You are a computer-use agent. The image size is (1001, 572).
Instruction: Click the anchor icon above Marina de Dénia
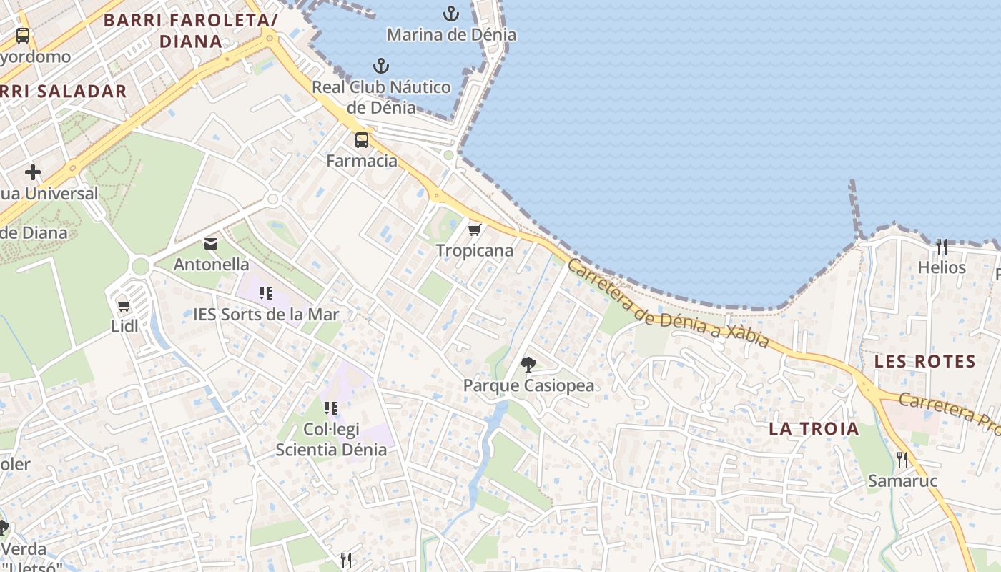click(450, 13)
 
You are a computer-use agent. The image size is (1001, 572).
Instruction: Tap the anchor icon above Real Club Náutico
click(381, 66)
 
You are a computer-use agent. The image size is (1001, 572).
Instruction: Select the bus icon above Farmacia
click(362, 139)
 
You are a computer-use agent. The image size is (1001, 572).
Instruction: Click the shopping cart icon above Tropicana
click(473, 230)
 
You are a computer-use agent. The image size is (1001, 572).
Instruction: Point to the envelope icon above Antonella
click(211, 244)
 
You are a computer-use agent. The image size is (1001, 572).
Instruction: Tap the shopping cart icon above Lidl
click(124, 306)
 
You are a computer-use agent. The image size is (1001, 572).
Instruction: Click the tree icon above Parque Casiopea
click(528, 365)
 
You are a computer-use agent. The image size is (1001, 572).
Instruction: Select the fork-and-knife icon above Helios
click(941, 247)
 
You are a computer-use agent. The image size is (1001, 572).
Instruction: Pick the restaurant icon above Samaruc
click(902, 459)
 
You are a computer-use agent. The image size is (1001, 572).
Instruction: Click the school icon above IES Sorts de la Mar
click(266, 292)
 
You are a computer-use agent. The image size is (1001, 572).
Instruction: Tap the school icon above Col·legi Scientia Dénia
click(330, 408)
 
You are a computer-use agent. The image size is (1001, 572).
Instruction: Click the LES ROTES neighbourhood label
click(925, 361)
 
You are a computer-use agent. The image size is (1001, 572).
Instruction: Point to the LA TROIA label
click(814, 429)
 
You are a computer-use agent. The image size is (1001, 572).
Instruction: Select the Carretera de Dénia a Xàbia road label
click(668, 304)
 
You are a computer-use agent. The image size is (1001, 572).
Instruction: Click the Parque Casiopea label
click(528, 385)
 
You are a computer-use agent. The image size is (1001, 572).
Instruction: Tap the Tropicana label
click(475, 250)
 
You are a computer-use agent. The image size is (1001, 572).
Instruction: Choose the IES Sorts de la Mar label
click(266, 314)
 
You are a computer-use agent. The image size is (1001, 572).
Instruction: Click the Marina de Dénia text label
click(451, 34)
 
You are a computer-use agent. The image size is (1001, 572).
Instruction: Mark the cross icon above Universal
click(32, 172)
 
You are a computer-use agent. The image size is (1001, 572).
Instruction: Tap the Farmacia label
click(362, 160)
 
